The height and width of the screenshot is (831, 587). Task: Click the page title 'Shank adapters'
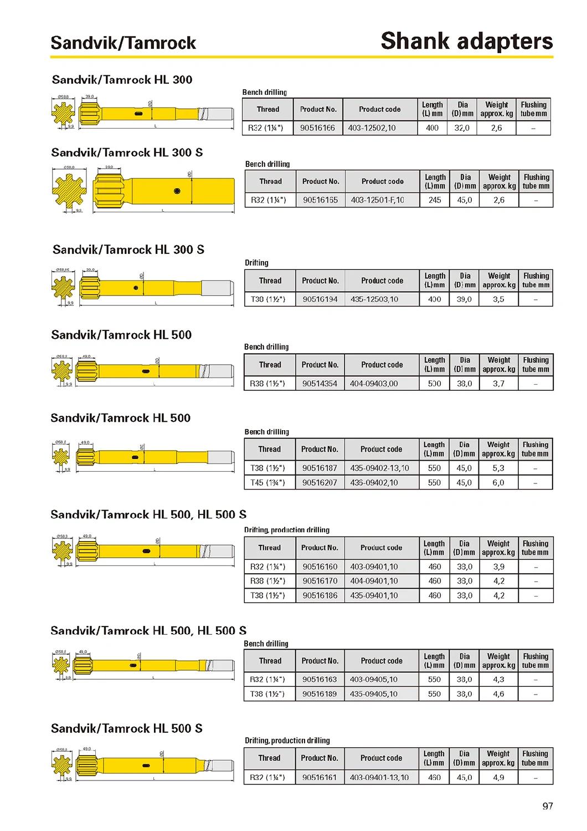coord(466,41)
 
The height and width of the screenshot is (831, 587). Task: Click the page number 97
coord(547,806)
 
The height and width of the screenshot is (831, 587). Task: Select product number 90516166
coord(317,128)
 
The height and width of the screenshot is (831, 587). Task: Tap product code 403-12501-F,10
coord(377,200)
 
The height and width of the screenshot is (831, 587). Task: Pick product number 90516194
coord(320,299)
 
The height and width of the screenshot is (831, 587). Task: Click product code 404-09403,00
coord(374,384)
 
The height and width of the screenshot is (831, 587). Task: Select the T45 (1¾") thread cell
coord(268,483)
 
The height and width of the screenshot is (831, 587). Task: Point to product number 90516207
coord(320,483)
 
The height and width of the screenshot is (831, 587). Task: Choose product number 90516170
coord(320,581)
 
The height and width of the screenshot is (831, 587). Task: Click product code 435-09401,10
coord(374,595)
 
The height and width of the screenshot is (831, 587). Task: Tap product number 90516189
coord(320,694)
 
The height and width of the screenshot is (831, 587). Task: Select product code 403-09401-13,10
coord(379,778)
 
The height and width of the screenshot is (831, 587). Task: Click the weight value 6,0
coord(498,483)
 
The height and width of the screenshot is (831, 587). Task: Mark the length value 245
coord(435,200)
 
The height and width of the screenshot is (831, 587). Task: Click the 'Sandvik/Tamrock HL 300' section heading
coord(122,80)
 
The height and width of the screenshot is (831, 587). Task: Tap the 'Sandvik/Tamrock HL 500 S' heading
coord(127,728)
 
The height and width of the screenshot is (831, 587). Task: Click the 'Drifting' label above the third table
coord(256,263)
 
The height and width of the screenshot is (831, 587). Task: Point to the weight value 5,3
coord(498,468)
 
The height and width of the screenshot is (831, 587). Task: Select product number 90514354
coord(320,384)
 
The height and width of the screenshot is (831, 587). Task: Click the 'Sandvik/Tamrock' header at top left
coord(123,43)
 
